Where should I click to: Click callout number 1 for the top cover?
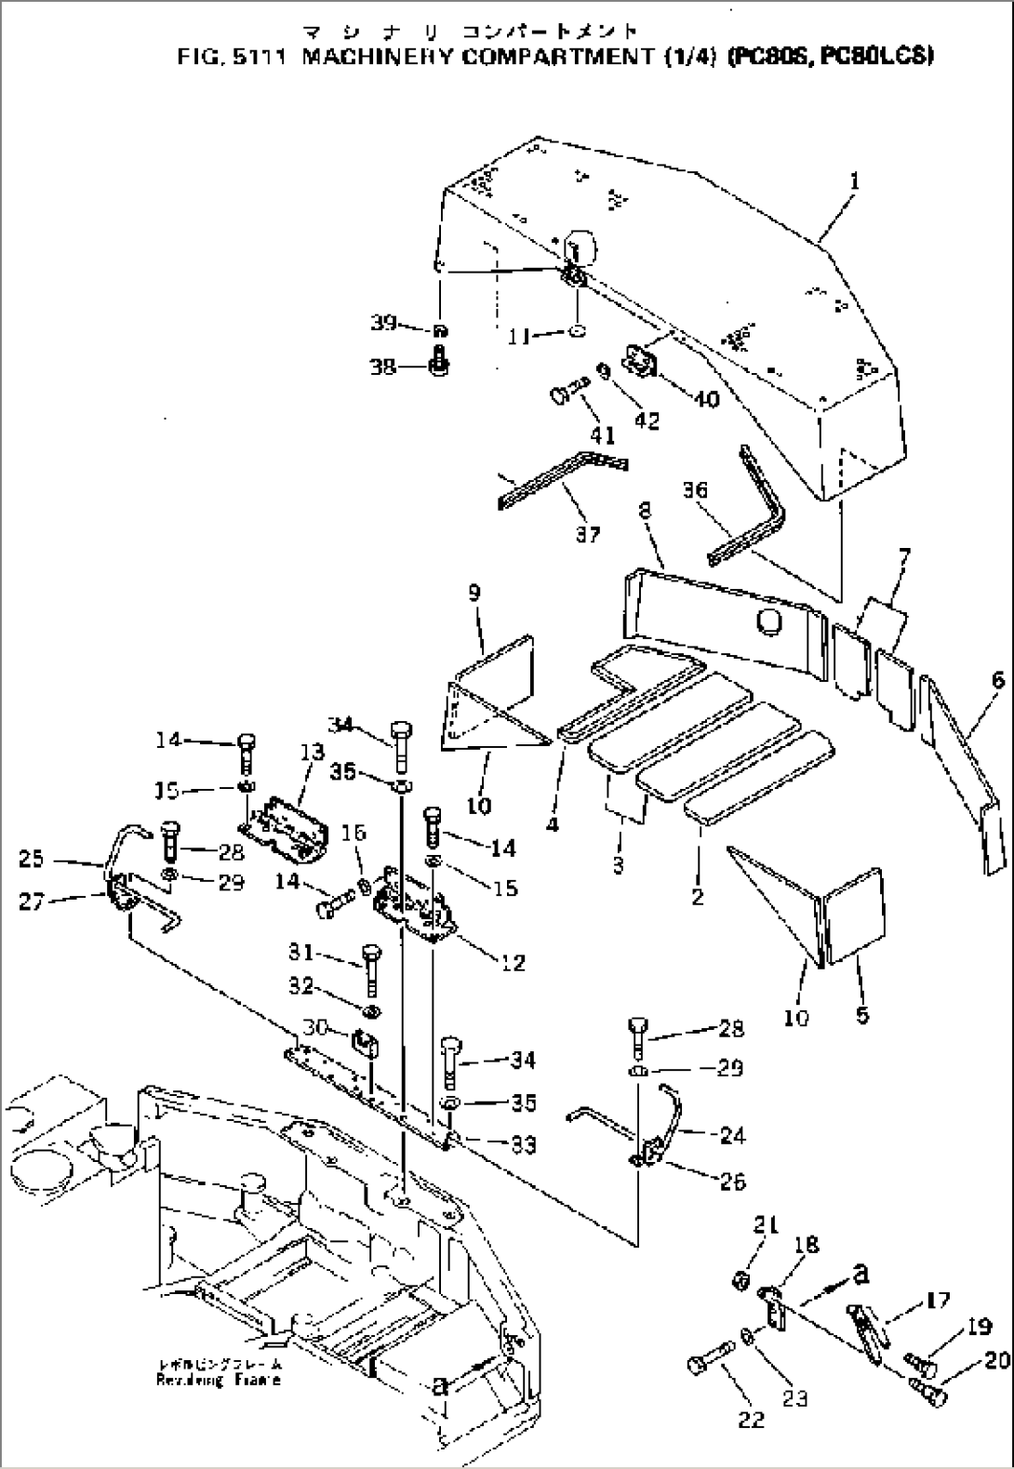[853, 182]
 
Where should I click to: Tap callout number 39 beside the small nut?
[382, 323]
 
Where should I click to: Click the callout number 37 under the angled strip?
[587, 534]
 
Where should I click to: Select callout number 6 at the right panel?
[997, 681]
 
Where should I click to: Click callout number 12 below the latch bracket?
[514, 962]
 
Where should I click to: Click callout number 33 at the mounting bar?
[524, 1144]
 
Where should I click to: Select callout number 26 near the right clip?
[732, 1182]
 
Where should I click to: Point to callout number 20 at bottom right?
[995, 1360]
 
